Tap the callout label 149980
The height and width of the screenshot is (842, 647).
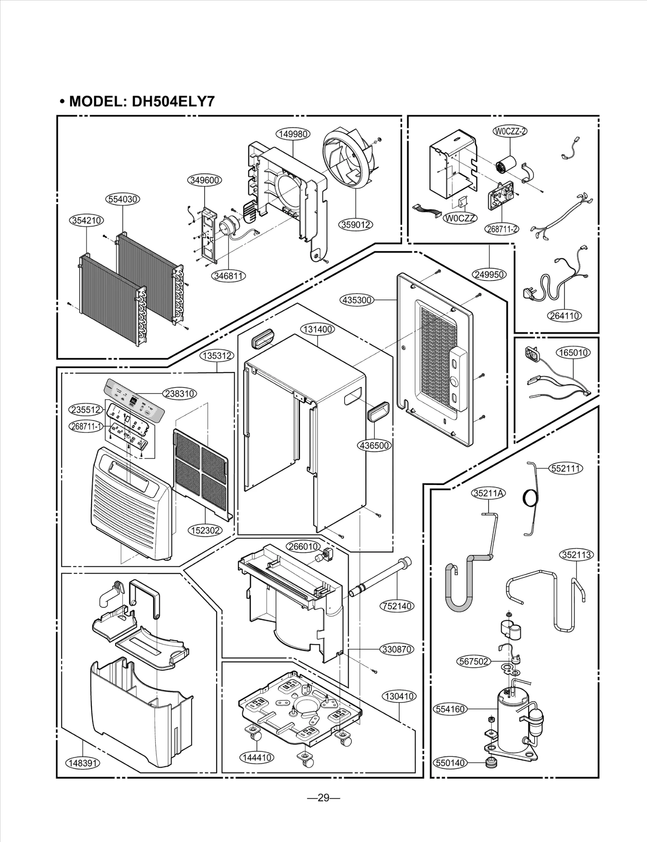coord(293,134)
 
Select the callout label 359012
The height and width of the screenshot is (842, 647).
coord(355,225)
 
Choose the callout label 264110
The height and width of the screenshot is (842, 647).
coord(565,316)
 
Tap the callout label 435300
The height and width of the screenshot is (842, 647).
coord(357,300)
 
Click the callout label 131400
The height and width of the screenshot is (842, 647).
coord(318,329)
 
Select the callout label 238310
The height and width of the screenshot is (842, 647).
coord(180,393)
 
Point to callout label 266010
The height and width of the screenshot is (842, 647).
coord(303,547)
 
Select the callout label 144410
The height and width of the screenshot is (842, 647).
coord(256,758)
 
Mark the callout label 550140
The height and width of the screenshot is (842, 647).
coord(450,763)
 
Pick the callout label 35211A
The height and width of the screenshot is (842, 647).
coord(489,494)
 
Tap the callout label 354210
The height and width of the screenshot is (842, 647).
coord(87,221)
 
